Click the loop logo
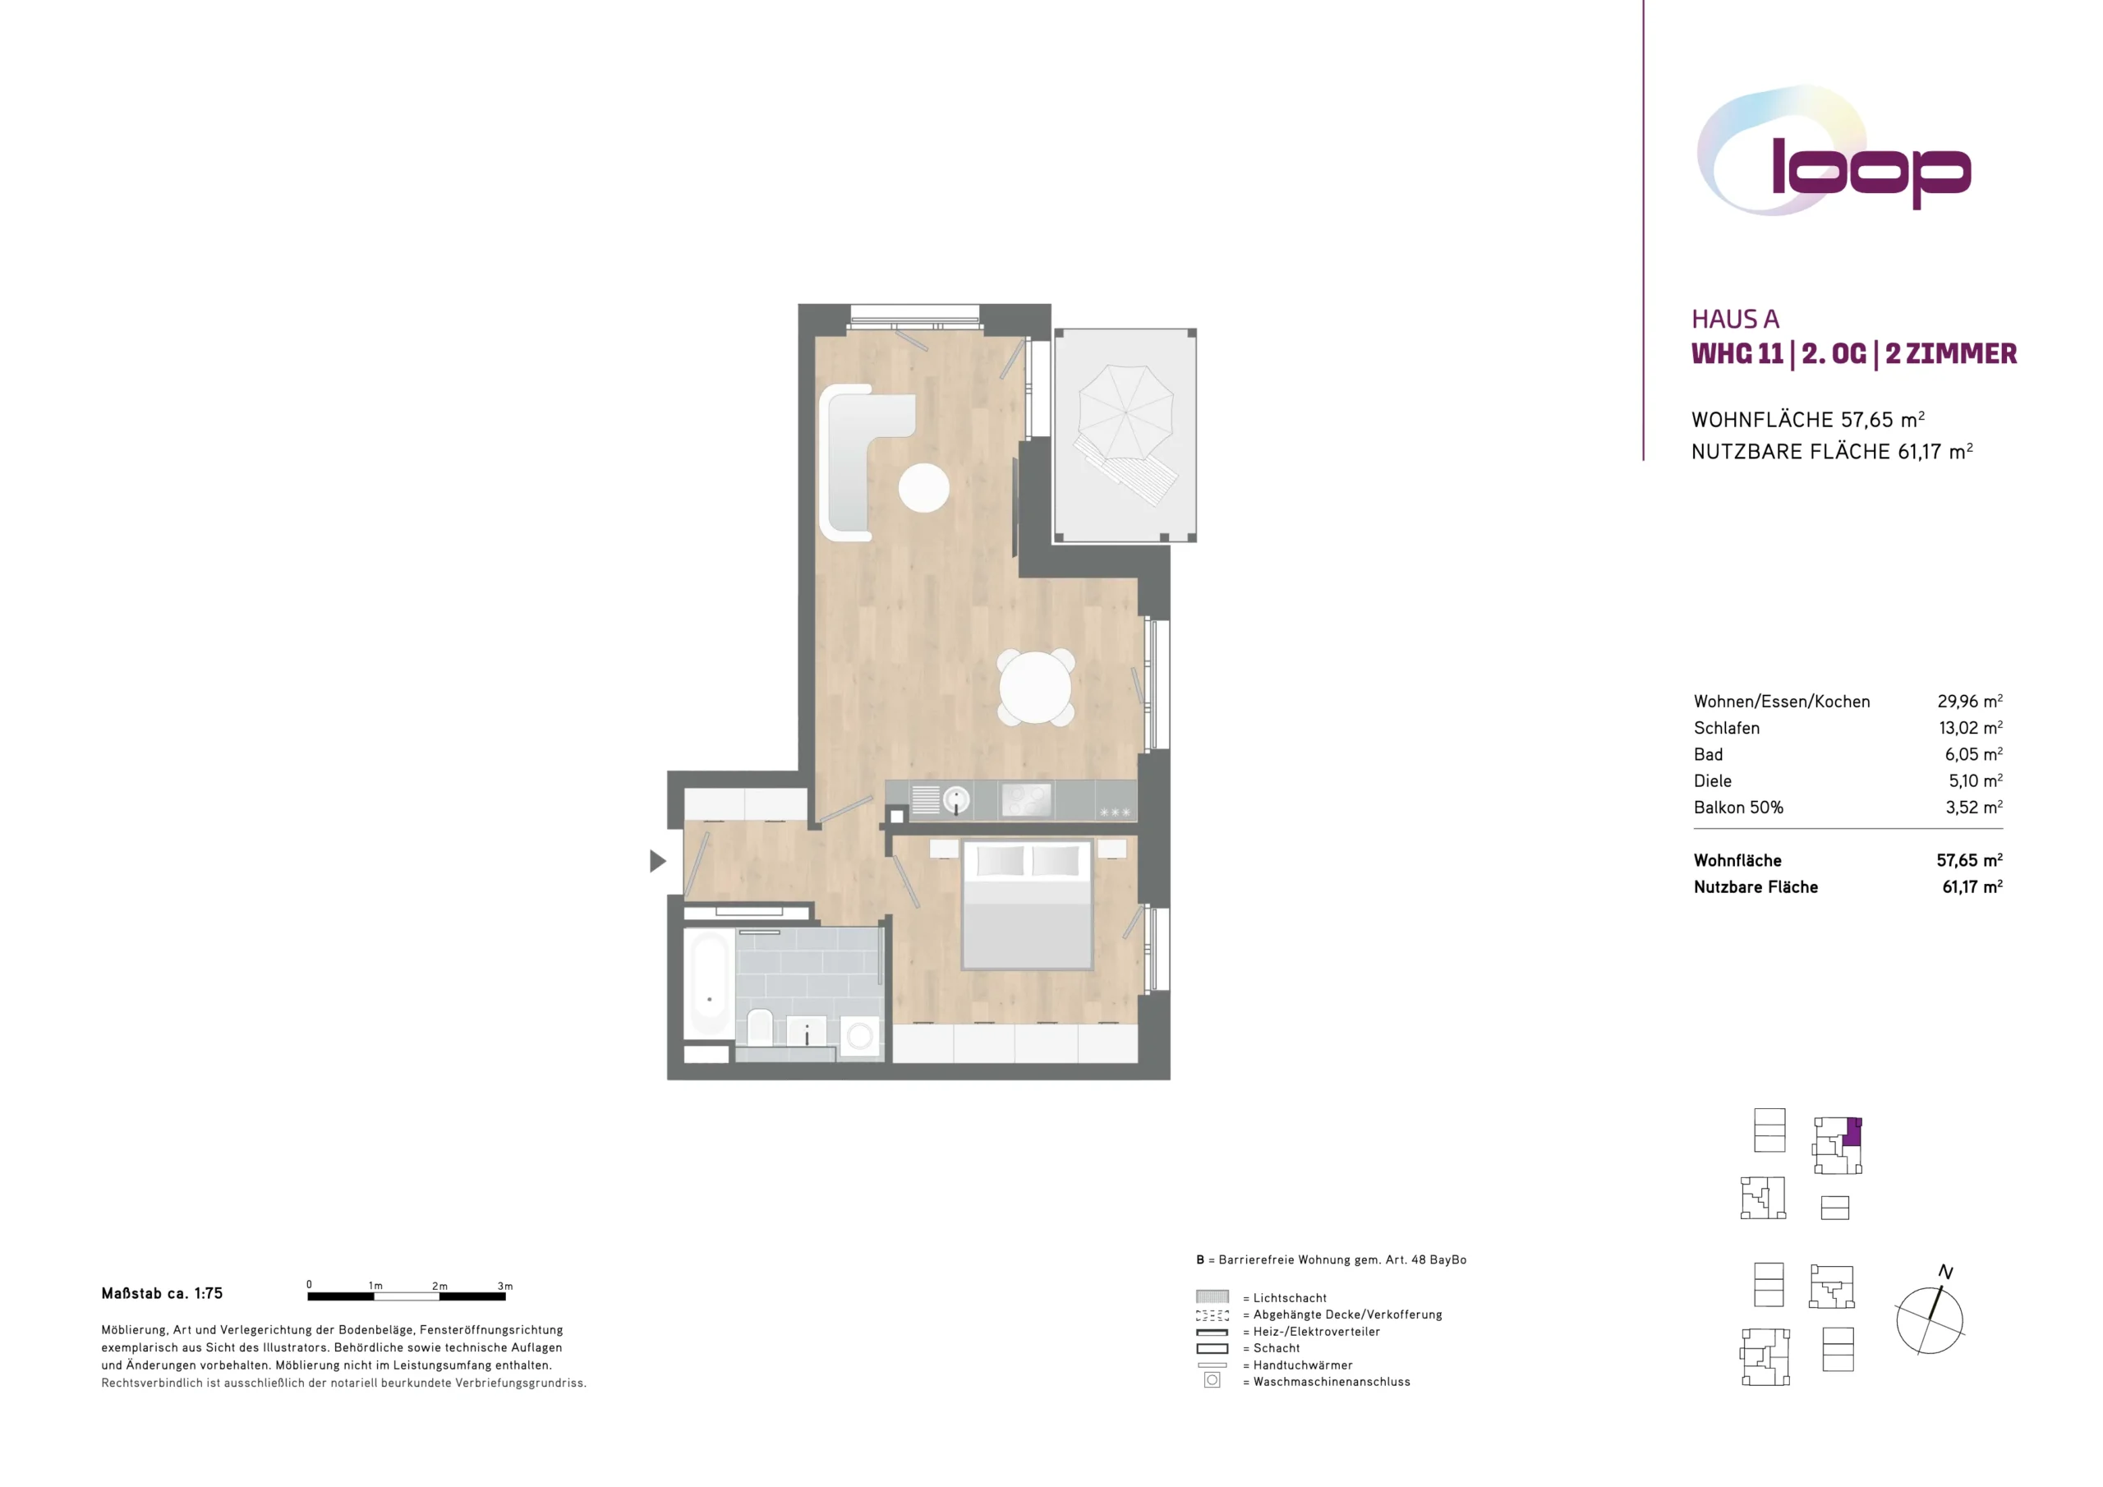pyautogui.click(x=1834, y=152)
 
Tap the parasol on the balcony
pyautogui.click(x=1125, y=412)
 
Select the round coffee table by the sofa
pyautogui.click(x=923, y=487)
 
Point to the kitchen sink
pyautogui.click(x=955, y=800)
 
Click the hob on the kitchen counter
pyautogui.click(x=1026, y=800)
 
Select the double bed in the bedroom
pyautogui.click(x=1027, y=905)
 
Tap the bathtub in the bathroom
pyautogui.click(x=709, y=984)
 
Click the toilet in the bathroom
pyautogui.click(x=759, y=1027)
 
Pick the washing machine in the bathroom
pyautogui.click(x=859, y=1036)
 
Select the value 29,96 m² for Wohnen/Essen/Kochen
pyautogui.click(x=1969, y=701)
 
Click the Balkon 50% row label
pyautogui.click(x=1738, y=808)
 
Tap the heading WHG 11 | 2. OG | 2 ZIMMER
pyautogui.click(x=1854, y=353)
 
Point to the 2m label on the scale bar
pyautogui.click(x=439, y=1286)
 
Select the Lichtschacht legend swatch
pyautogui.click(x=1212, y=1296)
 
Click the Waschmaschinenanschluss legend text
pyautogui.click(x=1332, y=1382)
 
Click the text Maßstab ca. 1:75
pyautogui.click(x=162, y=1294)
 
